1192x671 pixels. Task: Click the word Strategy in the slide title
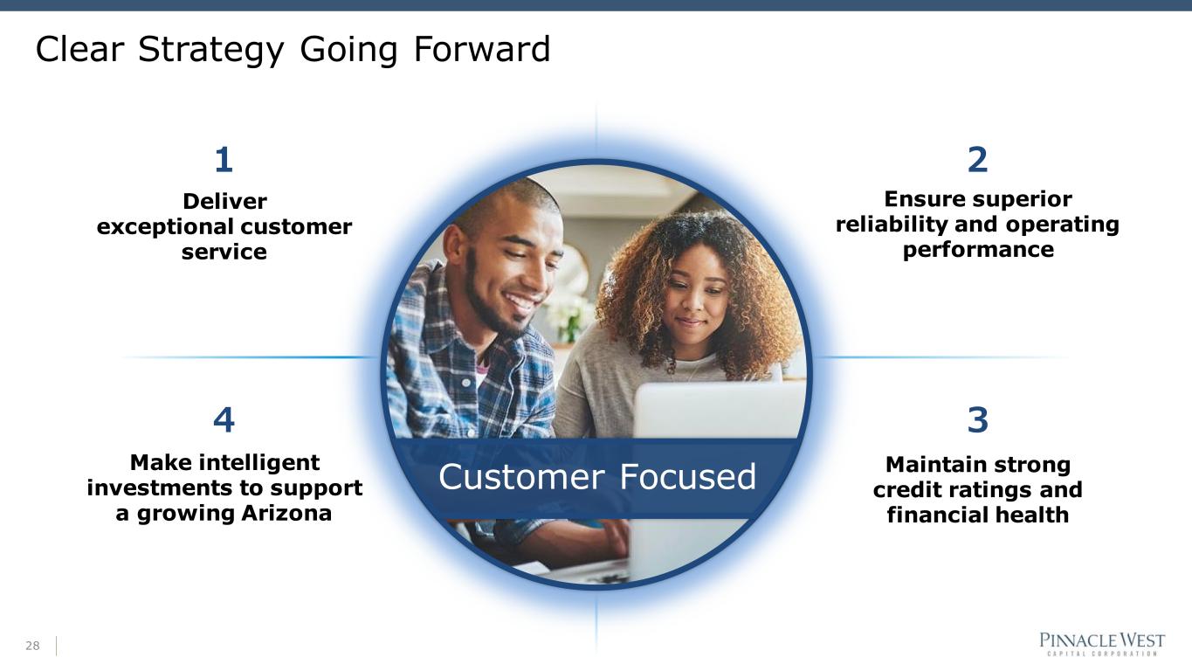[x=210, y=51]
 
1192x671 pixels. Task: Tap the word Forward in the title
[x=481, y=49]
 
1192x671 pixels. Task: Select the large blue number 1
[x=224, y=160]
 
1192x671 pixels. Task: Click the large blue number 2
[x=977, y=160]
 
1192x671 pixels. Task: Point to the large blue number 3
[x=977, y=420]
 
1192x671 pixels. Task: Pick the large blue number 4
[x=224, y=420]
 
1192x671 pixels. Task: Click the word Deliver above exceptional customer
[x=224, y=201]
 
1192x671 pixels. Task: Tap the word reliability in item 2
[x=892, y=225]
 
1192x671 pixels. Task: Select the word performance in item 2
[x=978, y=250]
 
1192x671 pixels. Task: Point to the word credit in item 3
[x=903, y=490]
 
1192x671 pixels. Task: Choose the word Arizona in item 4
[x=286, y=514]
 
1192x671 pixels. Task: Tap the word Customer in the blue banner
[x=521, y=477]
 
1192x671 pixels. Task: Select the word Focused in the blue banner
[x=687, y=476]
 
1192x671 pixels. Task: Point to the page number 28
[x=32, y=646]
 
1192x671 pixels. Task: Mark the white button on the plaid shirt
[x=466, y=383]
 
